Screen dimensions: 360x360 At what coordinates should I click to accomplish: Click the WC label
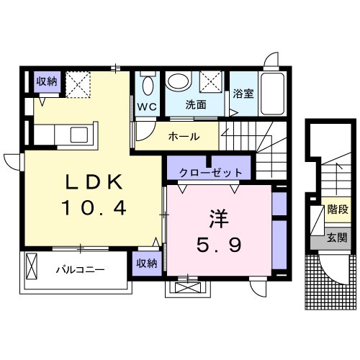pos(147,107)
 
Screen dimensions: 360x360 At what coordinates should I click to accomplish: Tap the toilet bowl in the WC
pos(148,86)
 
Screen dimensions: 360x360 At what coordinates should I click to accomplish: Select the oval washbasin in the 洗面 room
pos(179,81)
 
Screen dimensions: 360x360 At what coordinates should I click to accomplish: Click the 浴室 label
pos(243,94)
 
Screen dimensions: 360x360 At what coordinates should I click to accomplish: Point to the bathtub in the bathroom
pos(272,94)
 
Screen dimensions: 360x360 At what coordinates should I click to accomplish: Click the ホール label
pos(184,137)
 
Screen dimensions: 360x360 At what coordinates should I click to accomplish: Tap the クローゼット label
pos(210,173)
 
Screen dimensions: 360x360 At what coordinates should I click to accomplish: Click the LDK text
pos(94,181)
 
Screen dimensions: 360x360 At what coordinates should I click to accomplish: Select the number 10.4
pos(94,208)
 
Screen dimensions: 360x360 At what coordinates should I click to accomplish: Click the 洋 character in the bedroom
pos(219,219)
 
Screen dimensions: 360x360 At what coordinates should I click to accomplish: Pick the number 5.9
pos(219,245)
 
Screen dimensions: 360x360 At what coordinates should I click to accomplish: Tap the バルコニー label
pos(81,270)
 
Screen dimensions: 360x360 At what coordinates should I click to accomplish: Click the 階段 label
pos(338,210)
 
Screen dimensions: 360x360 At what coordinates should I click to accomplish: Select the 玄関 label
pos(337,238)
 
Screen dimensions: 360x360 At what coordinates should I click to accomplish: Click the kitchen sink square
pos(79,135)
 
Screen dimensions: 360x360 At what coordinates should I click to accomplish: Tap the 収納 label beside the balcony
pos(147,264)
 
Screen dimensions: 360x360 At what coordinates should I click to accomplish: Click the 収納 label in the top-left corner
pos(47,81)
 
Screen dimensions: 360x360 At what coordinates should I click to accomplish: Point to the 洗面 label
pos(196,104)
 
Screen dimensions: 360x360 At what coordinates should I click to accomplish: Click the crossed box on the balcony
pos(32,266)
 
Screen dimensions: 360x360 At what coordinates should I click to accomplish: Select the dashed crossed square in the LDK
pos(78,84)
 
